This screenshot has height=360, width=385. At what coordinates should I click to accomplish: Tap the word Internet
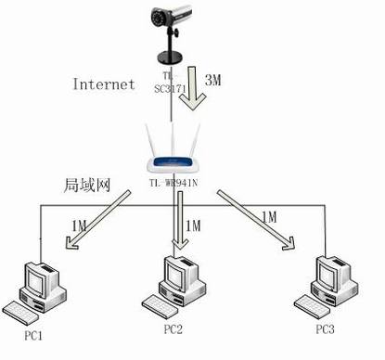click(104, 84)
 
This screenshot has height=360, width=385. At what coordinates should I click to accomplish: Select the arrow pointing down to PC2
click(177, 223)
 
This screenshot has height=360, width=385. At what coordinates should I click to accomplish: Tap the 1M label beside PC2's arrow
click(194, 225)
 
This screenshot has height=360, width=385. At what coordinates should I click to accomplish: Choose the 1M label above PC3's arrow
click(269, 216)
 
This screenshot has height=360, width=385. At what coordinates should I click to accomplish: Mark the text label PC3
click(324, 329)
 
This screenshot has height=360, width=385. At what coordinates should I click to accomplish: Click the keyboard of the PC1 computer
click(20, 310)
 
